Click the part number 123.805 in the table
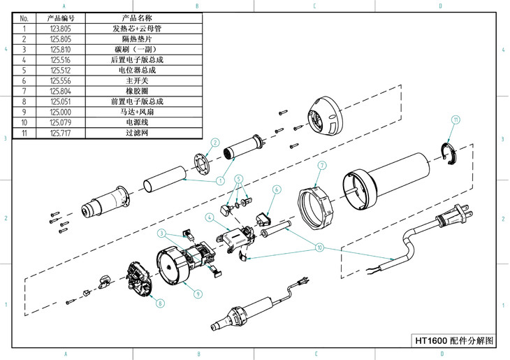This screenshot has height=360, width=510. coord(59,29)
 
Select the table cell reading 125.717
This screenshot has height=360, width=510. coord(59,133)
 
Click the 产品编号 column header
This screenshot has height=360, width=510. coord(60,17)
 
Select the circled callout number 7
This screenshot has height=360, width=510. coord(322,166)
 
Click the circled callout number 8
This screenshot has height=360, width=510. coord(160,303)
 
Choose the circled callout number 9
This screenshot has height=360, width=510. coord(198,294)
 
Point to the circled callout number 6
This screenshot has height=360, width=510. coord(276,189)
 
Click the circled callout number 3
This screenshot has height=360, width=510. coord(161,233)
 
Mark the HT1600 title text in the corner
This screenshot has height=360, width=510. coord(454,341)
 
